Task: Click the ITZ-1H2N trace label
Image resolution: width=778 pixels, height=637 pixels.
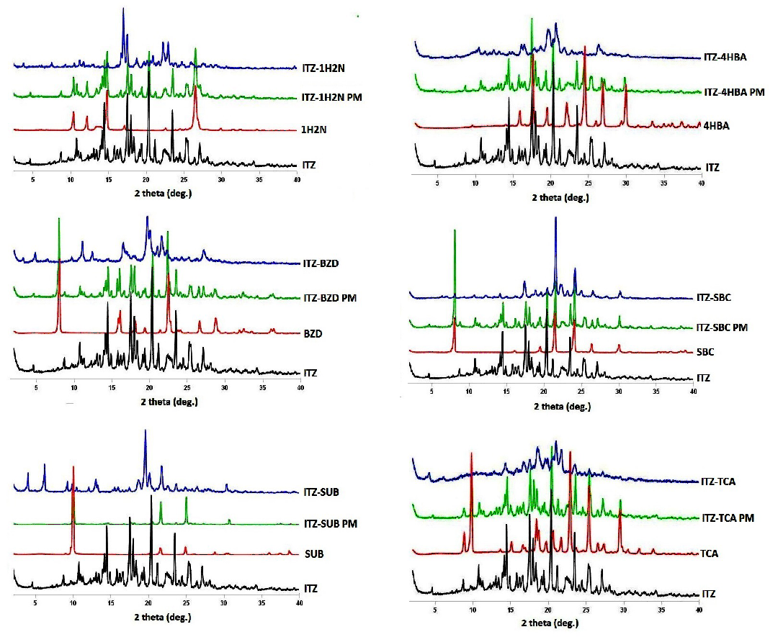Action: [x=325, y=66]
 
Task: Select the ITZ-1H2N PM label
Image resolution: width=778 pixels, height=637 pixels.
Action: [x=333, y=96]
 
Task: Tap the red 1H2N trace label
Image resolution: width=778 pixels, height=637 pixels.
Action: [x=315, y=130]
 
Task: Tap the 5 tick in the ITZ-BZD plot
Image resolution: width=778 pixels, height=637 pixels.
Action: [x=36, y=387]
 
